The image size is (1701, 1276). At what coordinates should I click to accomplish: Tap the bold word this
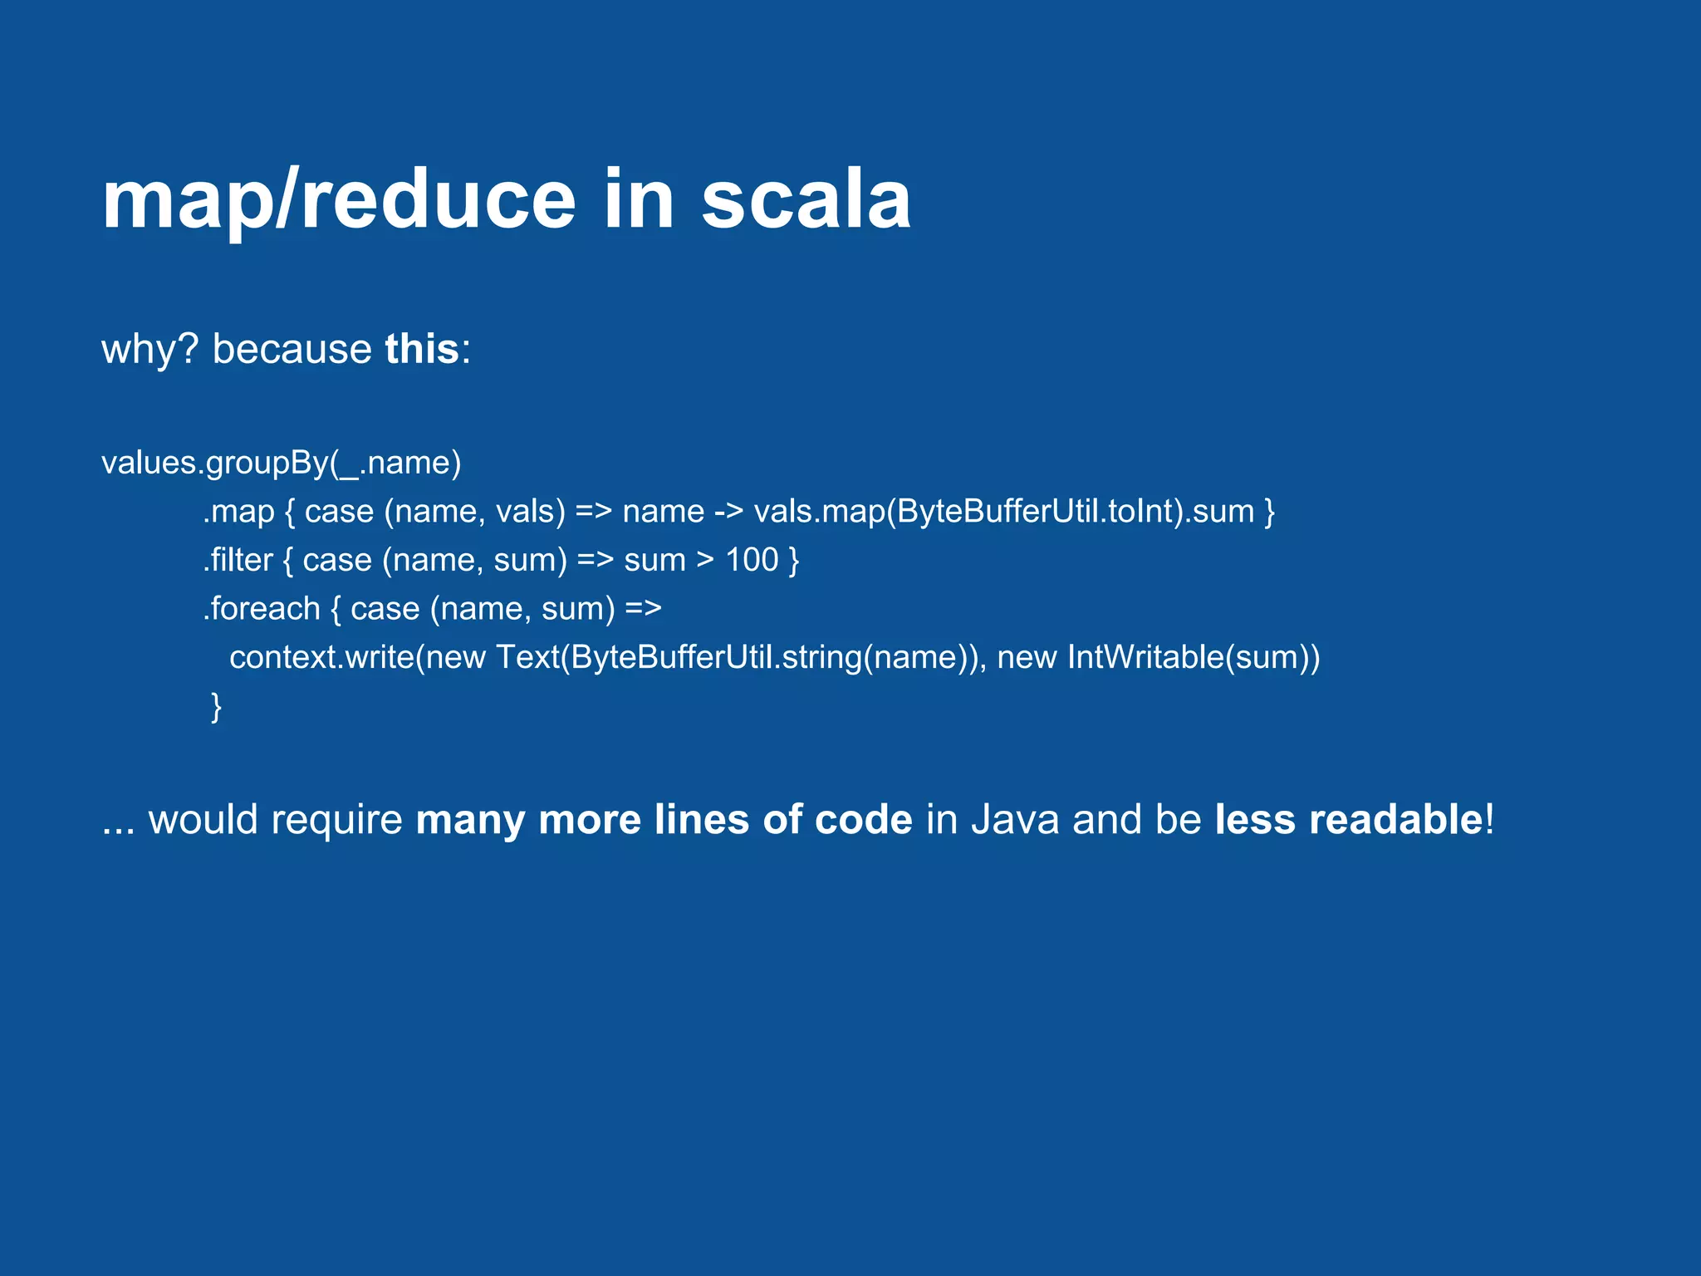[x=421, y=349]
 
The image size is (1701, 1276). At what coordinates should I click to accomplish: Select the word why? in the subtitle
[x=150, y=349]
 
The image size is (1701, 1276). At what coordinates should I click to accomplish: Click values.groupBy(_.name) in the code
[x=281, y=463]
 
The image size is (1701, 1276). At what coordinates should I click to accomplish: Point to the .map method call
[x=238, y=512]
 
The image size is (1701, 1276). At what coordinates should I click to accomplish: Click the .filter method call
[x=238, y=560]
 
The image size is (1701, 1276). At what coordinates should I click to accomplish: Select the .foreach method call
[x=262, y=609]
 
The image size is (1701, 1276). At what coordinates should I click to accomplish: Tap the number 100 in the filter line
[x=752, y=560]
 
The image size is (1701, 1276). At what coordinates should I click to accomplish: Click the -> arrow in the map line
[x=728, y=512]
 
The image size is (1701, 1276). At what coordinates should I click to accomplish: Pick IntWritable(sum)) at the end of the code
[x=1193, y=658]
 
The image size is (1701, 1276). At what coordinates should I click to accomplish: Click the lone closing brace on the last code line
[x=216, y=706]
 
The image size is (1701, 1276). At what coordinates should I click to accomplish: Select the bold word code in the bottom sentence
[x=863, y=820]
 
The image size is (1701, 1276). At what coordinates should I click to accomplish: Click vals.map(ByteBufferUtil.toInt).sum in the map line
[x=1003, y=512]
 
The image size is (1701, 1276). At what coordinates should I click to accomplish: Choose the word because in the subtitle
[x=292, y=349]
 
